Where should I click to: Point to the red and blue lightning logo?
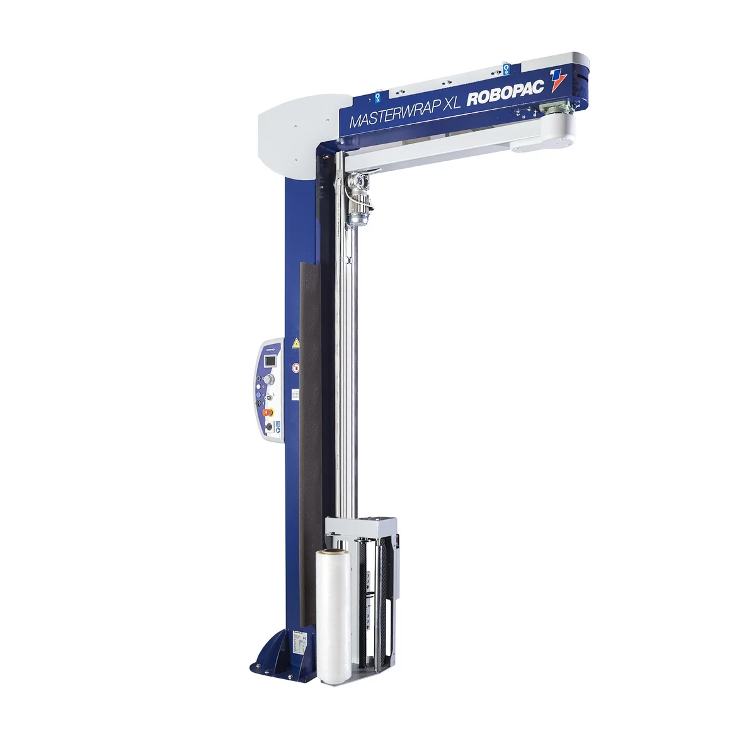[x=558, y=81]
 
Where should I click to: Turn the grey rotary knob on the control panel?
[x=268, y=379]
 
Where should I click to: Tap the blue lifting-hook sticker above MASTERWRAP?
[x=377, y=97]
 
